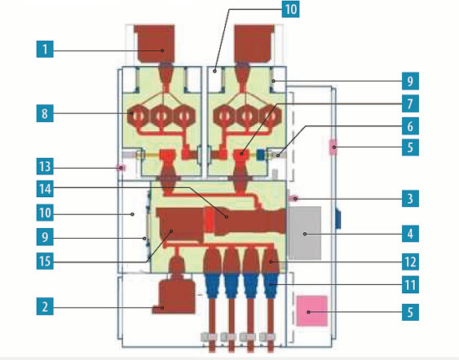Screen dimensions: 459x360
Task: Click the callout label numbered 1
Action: (x=45, y=49)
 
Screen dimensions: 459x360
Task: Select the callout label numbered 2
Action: (x=45, y=307)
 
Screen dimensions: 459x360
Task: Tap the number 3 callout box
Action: (x=410, y=199)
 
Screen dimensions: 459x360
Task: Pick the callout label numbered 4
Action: (x=410, y=234)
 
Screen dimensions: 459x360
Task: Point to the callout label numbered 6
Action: (x=410, y=126)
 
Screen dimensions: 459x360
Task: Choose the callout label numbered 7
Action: (x=410, y=103)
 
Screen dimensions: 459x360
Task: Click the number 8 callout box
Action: (x=45, y=113)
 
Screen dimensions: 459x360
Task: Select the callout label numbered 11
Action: (x=410, y=284)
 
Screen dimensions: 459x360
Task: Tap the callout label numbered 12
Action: (x=410, y=261)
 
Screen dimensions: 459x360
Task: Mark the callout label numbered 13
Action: (x=45, y=166)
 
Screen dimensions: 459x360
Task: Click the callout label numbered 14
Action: (x=45, y=189)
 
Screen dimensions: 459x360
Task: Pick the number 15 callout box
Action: (x=45, y=261)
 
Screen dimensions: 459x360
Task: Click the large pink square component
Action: (x=311, y=310)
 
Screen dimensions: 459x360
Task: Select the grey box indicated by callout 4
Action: (x=304, y=233)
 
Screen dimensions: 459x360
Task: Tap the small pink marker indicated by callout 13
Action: (x=121, y=168)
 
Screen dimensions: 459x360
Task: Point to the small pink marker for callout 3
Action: (x=293, y=199)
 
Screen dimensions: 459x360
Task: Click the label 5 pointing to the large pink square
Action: (x=410, y=312)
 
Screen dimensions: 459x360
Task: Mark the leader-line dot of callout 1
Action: (x=163, y=50)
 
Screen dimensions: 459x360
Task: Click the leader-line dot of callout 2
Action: (x=163, y=308)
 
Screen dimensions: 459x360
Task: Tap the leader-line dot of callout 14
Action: (x=227, y=217)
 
